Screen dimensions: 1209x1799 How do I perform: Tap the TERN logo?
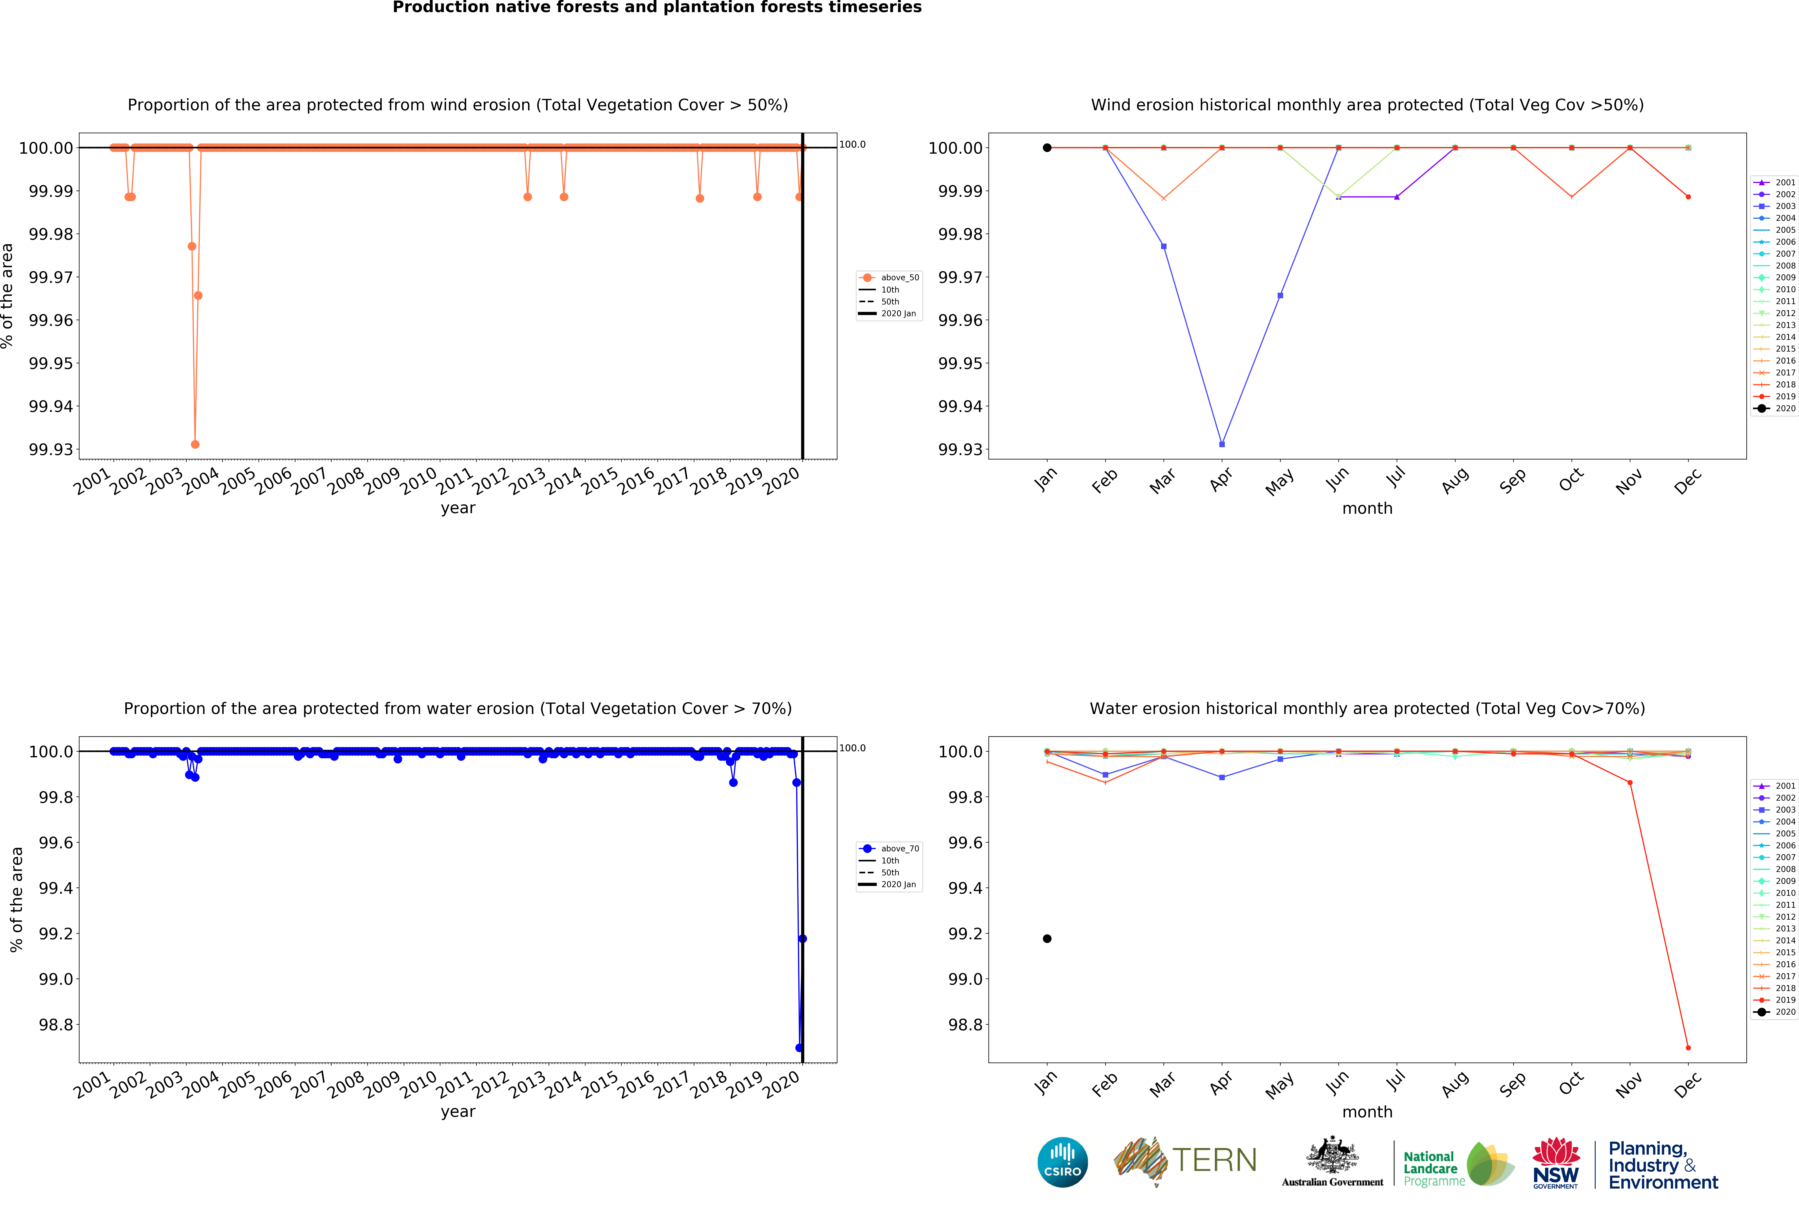(1185, 1160)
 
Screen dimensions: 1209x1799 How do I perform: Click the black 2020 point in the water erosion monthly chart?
(1046, 938)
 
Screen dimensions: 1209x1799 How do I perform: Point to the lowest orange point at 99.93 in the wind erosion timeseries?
(195, 444)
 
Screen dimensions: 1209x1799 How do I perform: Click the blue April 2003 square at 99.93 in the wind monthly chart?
(1221, 444)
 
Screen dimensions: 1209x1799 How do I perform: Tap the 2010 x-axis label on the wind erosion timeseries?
(419, 482)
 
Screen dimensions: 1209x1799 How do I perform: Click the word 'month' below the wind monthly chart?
(1367, 508)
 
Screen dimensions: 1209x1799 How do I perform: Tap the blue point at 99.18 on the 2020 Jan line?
(802, 938)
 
